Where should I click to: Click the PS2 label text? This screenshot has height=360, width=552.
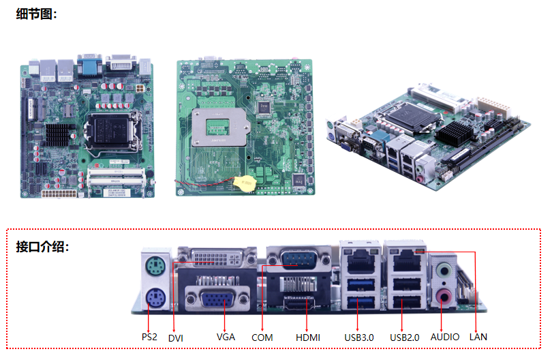[x=149, y=337]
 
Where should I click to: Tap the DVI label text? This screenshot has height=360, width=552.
[x=176, y=338]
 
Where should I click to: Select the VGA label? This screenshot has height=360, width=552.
[x=226, y=337]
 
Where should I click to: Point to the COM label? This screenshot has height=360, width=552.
[x=262, y=337]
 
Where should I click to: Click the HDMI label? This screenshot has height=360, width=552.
[x=308, y=337]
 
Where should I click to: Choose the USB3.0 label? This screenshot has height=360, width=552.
[x=359, y=337]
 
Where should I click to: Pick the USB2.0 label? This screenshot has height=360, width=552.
[x=405, y=337]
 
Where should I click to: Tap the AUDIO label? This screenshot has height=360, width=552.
[x=445, y=337]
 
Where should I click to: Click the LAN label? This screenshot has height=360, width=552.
[x=478, y=337]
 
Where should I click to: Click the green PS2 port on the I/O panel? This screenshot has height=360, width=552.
[x=155, y=267]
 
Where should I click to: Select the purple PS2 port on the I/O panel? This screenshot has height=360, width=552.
[x=156, y=299]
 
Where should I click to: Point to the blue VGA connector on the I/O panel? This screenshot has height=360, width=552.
[x=217, y=299]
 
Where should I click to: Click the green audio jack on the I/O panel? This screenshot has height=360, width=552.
[x=444, y=271]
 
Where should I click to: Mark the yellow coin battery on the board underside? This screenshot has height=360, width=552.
[x=245, y=183]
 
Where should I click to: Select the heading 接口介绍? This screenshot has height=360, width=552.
[x=42, y=247]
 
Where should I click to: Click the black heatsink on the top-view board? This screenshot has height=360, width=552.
[x=59, y=134]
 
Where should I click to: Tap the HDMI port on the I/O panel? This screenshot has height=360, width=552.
[x=298, y=303]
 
